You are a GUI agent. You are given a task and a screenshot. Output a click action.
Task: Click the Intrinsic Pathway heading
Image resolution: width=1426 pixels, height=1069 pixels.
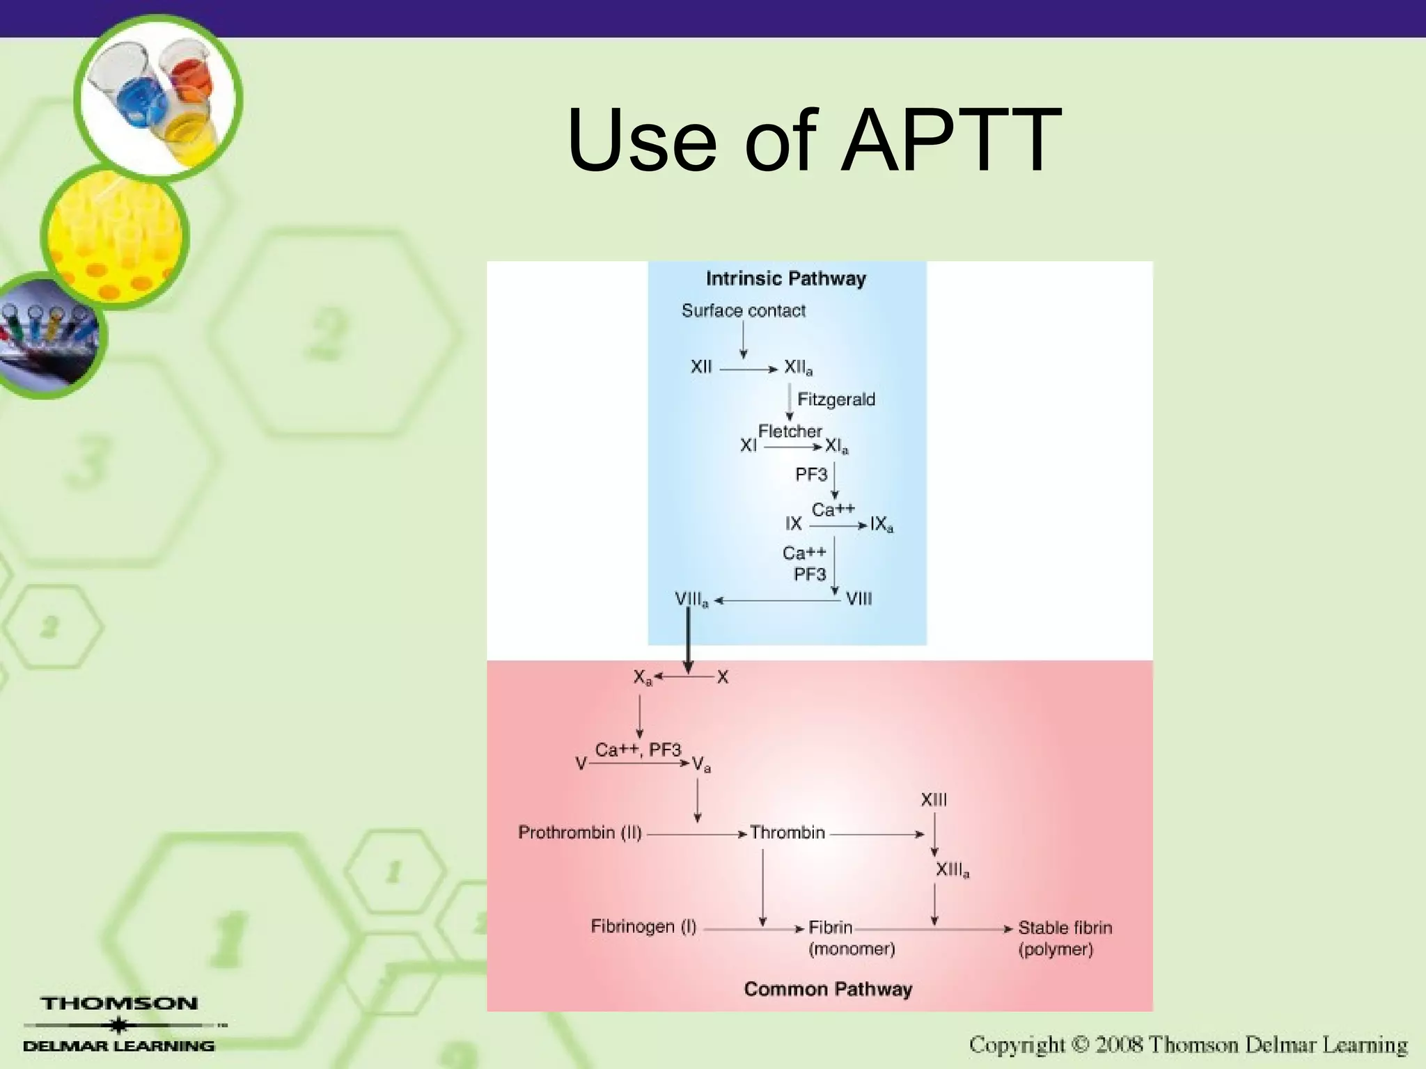coord(785,278)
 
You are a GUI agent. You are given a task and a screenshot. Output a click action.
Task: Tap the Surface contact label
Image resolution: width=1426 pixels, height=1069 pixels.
coord(743,310)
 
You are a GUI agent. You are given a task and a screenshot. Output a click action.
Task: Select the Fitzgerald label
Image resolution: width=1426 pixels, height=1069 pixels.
coord(836,399)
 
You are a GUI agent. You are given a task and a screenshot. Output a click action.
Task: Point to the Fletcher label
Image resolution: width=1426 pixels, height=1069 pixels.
coord(790,431)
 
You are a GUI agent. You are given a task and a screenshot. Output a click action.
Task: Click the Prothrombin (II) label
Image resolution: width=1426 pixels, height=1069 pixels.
coord(579,832)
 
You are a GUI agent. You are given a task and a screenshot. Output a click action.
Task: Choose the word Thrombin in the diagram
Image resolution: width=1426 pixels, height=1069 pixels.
coord(787,832)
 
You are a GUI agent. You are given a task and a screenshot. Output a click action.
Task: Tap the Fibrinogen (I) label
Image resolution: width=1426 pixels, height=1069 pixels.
coord(643,926)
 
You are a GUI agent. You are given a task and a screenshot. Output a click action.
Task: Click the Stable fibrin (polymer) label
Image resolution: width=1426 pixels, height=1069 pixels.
coord(1064,937)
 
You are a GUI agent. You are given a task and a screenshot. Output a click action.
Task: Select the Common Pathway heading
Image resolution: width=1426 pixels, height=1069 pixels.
coord(827,989)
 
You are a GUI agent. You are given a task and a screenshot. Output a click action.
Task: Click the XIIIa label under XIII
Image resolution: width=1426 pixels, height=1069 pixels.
coord(952,870)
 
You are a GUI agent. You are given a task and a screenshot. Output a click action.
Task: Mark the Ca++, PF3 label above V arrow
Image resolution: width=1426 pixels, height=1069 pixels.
coord(637,750)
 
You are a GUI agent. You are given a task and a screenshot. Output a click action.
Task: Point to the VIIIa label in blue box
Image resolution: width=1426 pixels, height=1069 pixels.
coord(691,599)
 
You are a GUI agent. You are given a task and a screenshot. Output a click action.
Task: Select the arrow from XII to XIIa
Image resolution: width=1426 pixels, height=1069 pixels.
coord(748,370)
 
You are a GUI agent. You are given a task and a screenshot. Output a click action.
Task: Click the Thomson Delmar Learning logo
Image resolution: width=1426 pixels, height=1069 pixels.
coord(120,1024)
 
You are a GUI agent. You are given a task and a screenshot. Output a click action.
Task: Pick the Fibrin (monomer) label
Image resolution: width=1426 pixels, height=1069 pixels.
coord(851,937)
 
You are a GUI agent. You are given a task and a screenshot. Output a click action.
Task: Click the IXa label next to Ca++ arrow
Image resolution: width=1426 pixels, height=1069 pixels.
coord(882,524)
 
